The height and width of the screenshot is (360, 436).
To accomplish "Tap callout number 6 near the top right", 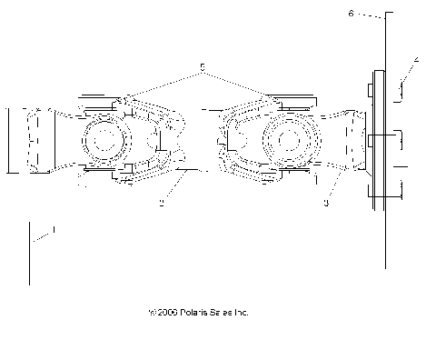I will pyautogui.click(x=351, y=14).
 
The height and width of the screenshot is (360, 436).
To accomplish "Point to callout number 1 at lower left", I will pyautogui.click(x=54, y=231).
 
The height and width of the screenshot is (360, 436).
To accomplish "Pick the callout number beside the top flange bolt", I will pyautogui.click(x=416, y=60).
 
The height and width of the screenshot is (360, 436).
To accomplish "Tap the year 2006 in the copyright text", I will pyautogui.click(x=167, y=312).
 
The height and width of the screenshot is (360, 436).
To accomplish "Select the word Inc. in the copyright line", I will pyautogui.click(x=239, y=312).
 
